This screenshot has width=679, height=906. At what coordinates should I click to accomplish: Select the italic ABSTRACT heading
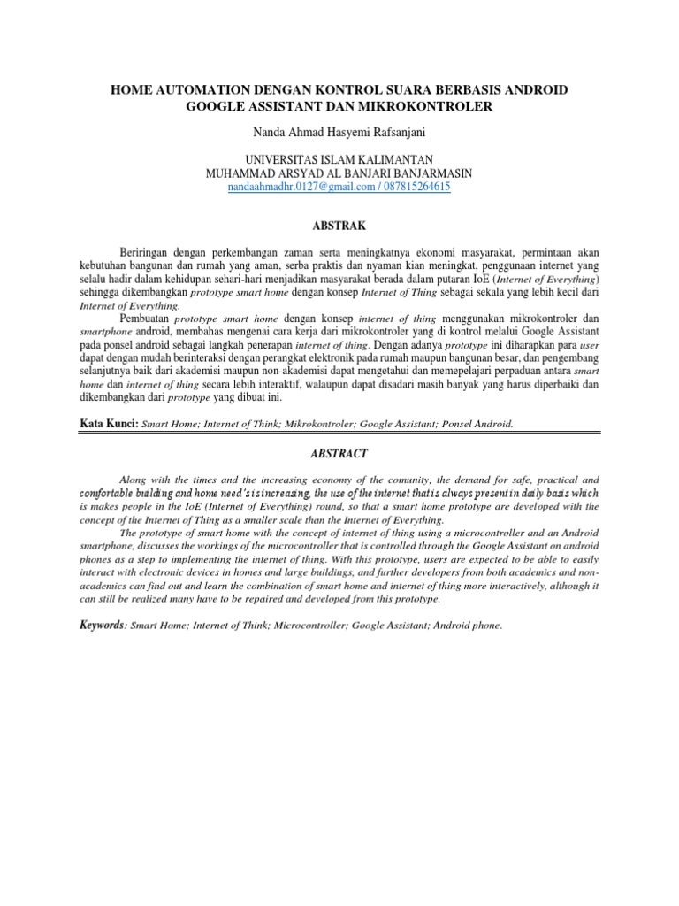point(339,453)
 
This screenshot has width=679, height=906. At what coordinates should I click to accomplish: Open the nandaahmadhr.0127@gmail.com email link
point(282,188)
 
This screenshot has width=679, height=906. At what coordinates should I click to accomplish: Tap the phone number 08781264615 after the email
point(408,188)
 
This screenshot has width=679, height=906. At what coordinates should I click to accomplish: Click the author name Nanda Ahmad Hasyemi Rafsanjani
point(339,133)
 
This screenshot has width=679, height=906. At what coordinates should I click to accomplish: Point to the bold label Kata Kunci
point(108,424)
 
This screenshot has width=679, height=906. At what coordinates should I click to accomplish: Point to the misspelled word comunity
point(363,478)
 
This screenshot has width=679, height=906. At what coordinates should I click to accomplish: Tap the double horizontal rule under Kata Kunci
point(339,434)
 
